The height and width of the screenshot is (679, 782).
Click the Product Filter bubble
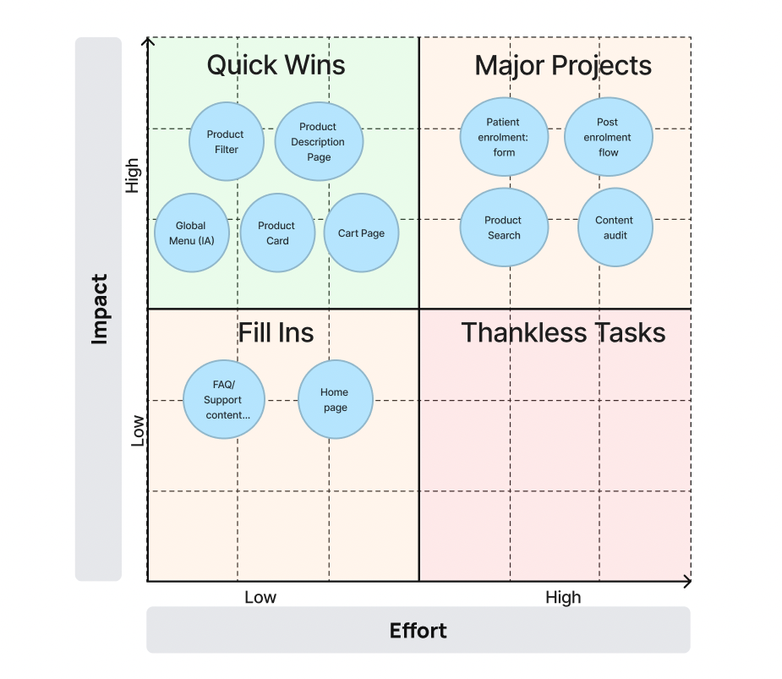pyautogui.click(x=226, y=142)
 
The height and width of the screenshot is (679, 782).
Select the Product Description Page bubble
pyautogui.click(x=319, y=142)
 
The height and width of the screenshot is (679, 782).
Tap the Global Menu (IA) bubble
pyautogui.click(x=192, y=233)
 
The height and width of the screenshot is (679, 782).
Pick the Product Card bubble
pyautogui.click(x=277, y=233)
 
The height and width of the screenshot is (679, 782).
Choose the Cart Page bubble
pyautogui.click(x=361, y=233)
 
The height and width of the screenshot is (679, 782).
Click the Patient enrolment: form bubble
pyautogui.click(x=504, y=137)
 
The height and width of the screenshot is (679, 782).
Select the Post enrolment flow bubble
pyautogui.click(x=608, y=137)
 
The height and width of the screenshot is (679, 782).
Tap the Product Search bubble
pyautogui.click(x=504, y=227)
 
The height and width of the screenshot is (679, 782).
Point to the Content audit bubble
pyautogui.click(x=615, y=227)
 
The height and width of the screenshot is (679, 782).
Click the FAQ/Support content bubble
pyautogui.click(x=224, y=400)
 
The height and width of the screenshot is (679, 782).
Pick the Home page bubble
pyautogui.click(x=335, y=400)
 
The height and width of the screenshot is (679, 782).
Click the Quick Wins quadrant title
pyautogui.click(x=276, y=65)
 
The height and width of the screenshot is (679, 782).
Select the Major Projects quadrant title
pyautogui.click(x=563, y=65)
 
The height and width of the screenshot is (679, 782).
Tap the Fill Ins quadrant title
pyautogui.click(x=276, y=332)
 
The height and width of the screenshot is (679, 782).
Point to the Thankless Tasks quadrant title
pyautogui.click(x=563, y=332)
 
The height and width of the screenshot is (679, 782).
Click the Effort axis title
pyautogui.click(x=418, y=631)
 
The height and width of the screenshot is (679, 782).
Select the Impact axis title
pyautogui.click(x=100, y=309)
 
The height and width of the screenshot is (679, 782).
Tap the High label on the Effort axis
pyautogui.click(x=563, y=598)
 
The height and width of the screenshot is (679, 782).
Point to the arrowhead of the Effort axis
pyautogui.click(x=687, y=582)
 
